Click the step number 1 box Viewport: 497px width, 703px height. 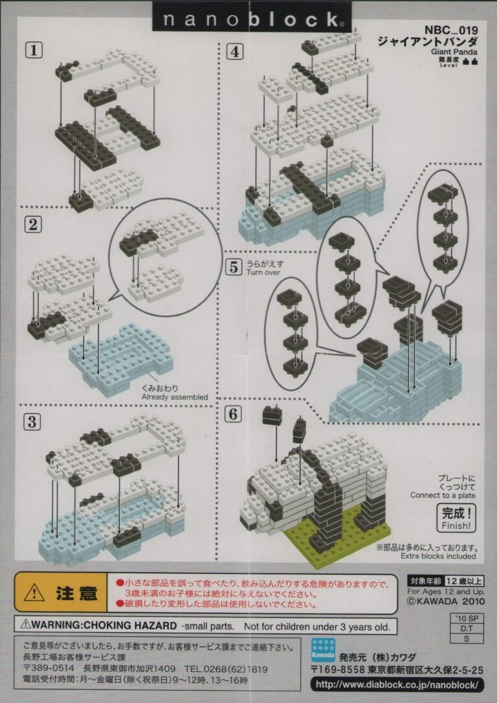[x=34, y=50]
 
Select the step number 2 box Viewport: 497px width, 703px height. [x=33, y=224]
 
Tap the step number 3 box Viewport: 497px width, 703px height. [x=32, y=422]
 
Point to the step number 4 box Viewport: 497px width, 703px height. [x=235, y=52]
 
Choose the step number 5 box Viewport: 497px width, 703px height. [x=233, y=267]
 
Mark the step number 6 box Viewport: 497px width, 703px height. [x=233, y=414]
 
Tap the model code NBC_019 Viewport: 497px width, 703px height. [x=451, y=30]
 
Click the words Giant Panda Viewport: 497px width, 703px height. [x=454, y=52]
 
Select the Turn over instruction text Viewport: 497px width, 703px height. [x=263, y=272]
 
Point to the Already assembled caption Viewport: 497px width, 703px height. [x=175, y=397]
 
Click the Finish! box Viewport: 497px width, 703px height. [x=456, y=518]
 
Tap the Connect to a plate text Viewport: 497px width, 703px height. [x=442, y=495]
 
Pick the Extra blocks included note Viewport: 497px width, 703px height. [x=438, y=556]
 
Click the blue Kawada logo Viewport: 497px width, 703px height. [x=323, y=651]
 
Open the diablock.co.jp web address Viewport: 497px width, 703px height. [x=397, y=685]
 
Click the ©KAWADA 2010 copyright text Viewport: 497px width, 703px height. [x=445, y=601]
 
